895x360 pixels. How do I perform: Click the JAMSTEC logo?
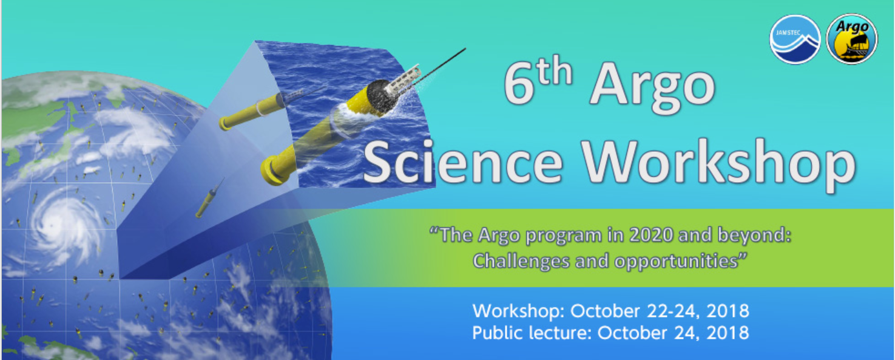[x=795, y=39]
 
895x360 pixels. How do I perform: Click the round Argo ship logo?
[x=851, y=39]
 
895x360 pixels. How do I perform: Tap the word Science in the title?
[x=463, y=163]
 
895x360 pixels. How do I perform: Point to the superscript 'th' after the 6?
[x=555, y=71]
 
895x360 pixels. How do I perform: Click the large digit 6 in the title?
[x=519, y=84]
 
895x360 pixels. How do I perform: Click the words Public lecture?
[x=530, y=333]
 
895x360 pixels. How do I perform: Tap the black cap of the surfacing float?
[x=378, y=97]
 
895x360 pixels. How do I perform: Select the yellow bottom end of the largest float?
[x=273, y=171]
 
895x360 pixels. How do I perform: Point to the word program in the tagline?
[x=564, y=236]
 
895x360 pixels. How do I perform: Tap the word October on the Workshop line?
[x=605, y=311]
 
